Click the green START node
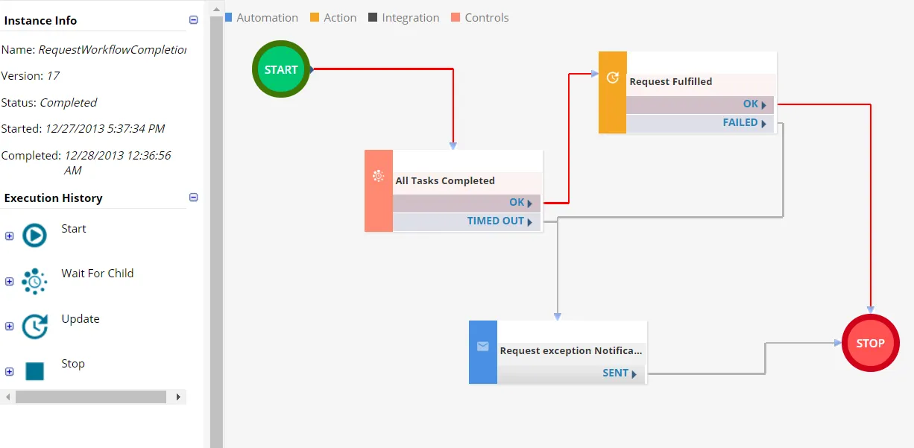click(x=281, y=69)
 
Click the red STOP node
click(x=870, y=343)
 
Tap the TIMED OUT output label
click(x=495, y=221)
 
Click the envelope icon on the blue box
click(x=482, y=347)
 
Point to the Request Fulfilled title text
click(x=670, y=81)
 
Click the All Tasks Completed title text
click(x=445, y=180)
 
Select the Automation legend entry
click(x=262, y=18)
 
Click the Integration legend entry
click(x=403, y=18)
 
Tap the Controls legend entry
click(x=480, y=18)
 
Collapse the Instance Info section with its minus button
click(x=193, y=19)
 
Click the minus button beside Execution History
click(x=193, y=197)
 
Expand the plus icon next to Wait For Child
click(x=10, y=281)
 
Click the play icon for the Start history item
click(x=34, y=235)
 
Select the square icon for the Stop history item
click(x=35, y=371)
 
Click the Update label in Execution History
click(x=81, y=318)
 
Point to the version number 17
click(x=53, y=76)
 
